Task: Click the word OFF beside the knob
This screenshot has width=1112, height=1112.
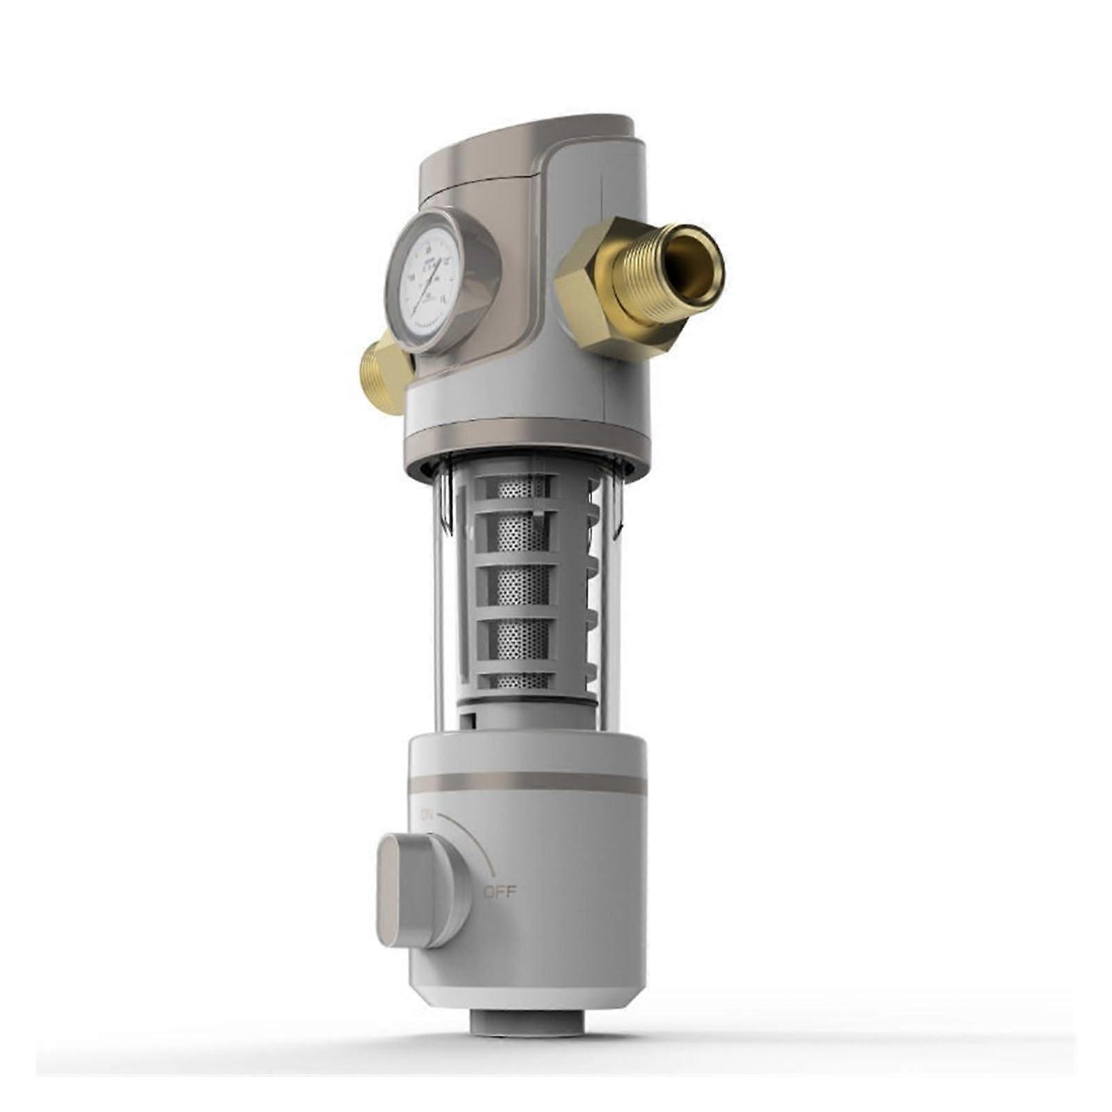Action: click(500, 892)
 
